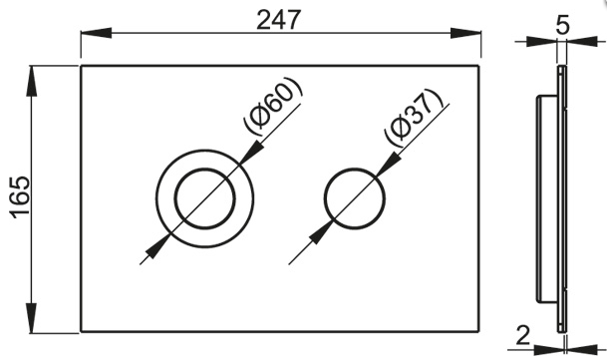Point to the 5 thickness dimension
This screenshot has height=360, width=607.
[563, 25]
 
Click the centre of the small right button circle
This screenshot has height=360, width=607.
[355, 195]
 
